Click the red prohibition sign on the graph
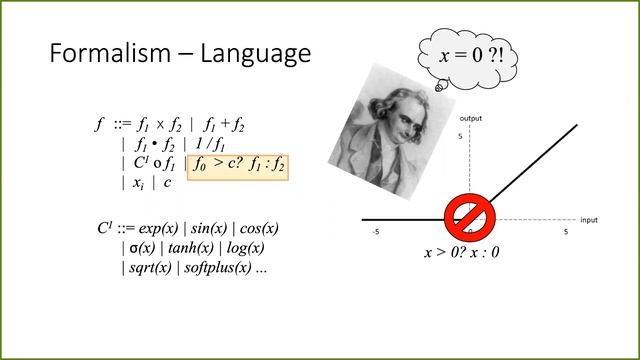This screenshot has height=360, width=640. coord(467,216)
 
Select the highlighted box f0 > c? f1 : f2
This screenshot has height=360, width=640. coord(239,163)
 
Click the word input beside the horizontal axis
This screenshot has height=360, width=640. coord(589,219)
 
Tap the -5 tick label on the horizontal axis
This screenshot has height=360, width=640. coord(374,232)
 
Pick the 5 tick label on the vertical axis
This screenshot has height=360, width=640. coord(461,136)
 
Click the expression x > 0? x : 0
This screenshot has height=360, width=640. coord(461,252)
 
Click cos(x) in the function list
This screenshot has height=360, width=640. coord(258,228)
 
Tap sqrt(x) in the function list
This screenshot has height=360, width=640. coord(149,268)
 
